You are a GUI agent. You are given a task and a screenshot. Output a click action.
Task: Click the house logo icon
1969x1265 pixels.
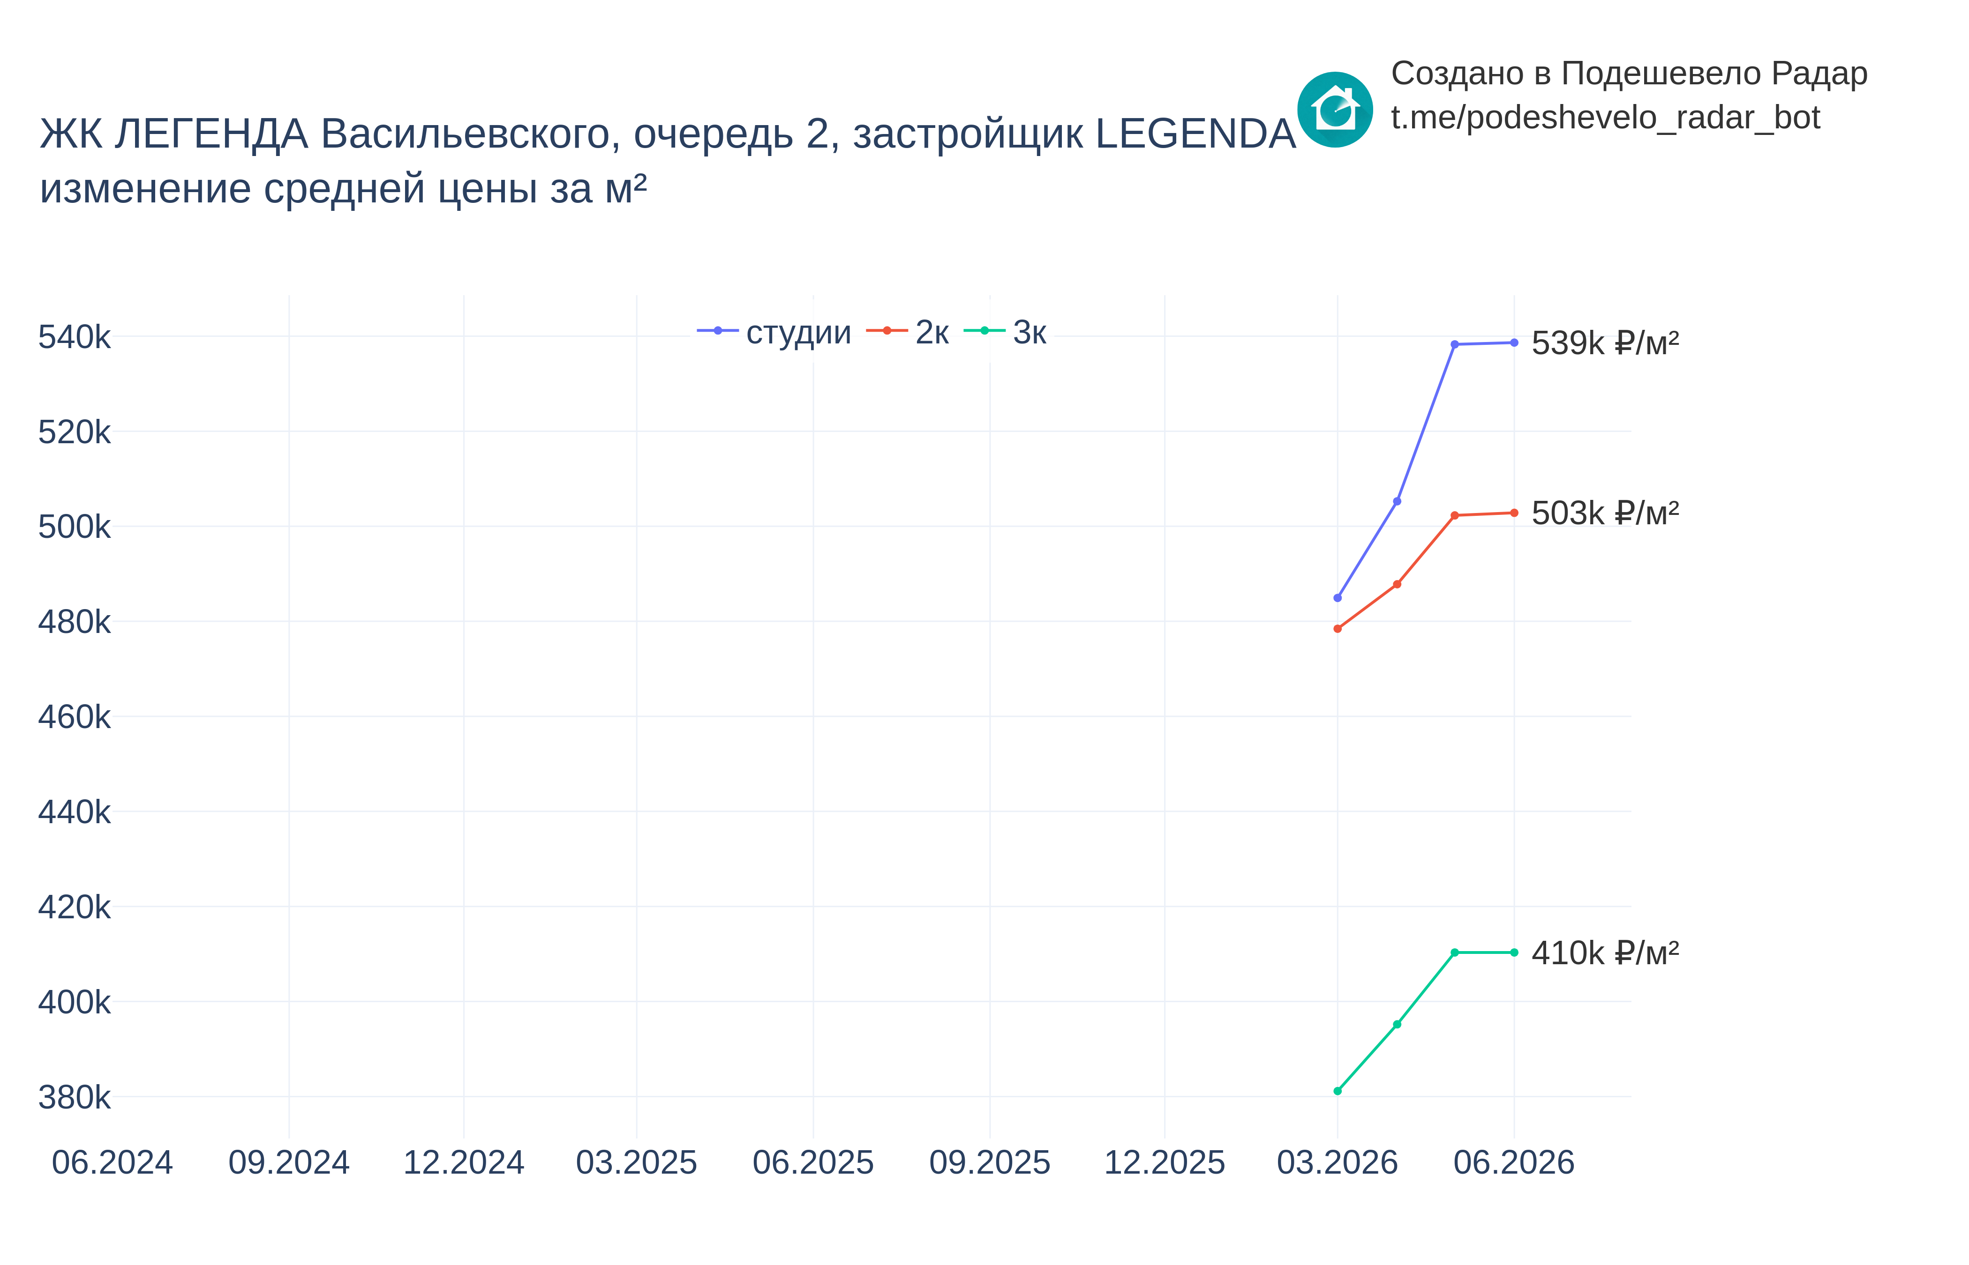[1335, 109]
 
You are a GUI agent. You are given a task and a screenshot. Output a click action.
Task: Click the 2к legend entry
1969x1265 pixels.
[907, 332]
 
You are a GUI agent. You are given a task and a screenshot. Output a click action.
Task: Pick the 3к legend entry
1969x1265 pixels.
[1004, 332]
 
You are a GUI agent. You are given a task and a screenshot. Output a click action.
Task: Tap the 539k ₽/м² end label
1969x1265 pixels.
[1605, 342]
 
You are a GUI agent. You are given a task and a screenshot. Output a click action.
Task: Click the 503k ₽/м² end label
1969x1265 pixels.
[1605, 513]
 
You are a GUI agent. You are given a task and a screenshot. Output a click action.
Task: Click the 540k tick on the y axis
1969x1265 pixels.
[74, 337]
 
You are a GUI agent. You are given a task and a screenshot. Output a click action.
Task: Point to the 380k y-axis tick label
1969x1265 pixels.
[74, 1097]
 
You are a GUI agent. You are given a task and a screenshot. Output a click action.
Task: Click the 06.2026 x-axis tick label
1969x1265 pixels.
[1514, 1162]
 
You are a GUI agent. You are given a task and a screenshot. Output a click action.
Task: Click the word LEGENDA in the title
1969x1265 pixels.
[1196, 134]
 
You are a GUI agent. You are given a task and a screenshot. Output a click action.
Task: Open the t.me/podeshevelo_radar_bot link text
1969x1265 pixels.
[1605, 118]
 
